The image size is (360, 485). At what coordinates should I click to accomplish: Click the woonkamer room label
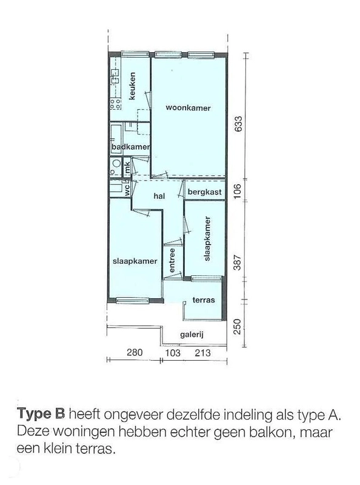click(x=188, y=108)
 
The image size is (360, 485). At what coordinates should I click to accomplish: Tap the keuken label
click(x=132, y=86)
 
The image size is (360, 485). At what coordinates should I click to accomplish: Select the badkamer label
click(x=131, y=147)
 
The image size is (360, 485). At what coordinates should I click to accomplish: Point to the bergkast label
click(x=205, y=192)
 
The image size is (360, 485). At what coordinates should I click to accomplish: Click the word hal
click(x=159, y=196)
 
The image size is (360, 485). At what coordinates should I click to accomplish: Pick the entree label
click(x=172, y=261)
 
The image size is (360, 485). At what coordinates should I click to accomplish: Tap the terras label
click(x=204, y=299)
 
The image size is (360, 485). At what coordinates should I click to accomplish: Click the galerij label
click(x=192, y=335)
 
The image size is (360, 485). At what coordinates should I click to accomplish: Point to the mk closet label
click(x=127, y=168)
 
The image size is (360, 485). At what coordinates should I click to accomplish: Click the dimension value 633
click(x=238, y=124)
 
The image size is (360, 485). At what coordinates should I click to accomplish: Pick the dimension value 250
click(x=236, y=327)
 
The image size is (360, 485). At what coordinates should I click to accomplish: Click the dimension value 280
click(x=135, y=352)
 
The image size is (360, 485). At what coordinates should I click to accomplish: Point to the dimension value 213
click(x=202, y=353)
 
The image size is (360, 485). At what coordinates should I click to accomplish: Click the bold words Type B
click(x=41, y=414)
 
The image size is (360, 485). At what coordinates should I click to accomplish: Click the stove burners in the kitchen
click(x=115, y=104)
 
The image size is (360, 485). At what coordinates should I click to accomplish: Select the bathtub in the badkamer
click(x=116, y=139)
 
